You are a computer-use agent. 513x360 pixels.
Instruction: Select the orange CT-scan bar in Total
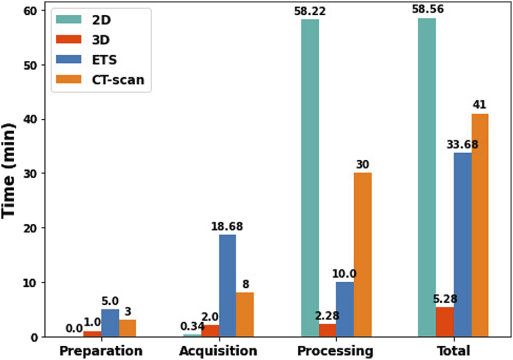(x=479, y=225)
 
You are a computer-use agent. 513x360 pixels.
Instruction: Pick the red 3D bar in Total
(x=445, y=322)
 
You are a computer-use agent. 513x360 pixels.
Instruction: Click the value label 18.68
(x=227, y=226)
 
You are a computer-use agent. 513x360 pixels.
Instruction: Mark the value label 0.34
(x=192, y=327)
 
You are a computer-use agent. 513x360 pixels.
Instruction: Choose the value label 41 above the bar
(x=480, y=105)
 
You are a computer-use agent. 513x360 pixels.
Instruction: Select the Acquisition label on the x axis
(x=218, y=350)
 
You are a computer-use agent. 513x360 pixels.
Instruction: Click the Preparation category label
(x=101, y=350)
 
